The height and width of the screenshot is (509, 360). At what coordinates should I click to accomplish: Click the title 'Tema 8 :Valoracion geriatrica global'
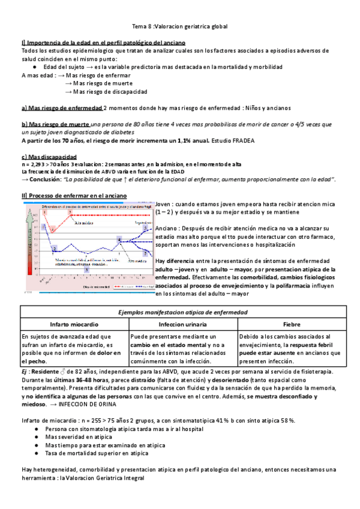[x=180, y=27]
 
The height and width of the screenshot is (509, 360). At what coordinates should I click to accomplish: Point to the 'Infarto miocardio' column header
[x=74, y=324]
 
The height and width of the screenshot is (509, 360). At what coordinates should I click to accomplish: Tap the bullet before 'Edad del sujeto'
[x=37, y=67]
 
